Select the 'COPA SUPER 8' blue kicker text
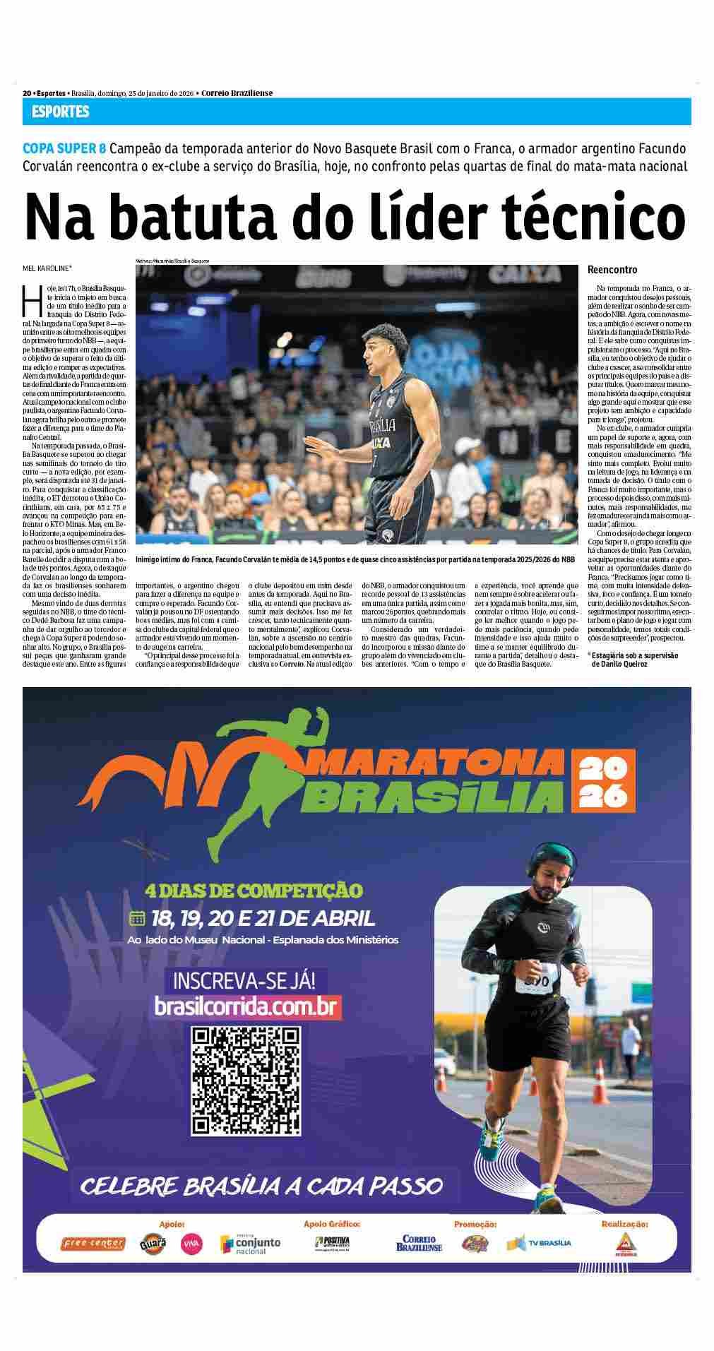[x=64, y=149]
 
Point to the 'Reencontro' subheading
[x=612, y=270]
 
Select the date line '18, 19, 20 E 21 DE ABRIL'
[x=262, y=918]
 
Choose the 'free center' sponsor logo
[x=93, y=1244]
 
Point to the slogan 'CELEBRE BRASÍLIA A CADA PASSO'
[x=261, y=1184]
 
